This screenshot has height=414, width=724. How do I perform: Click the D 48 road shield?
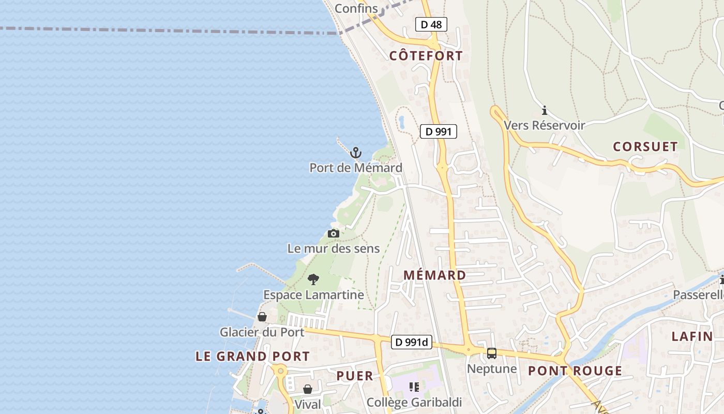point(431,24)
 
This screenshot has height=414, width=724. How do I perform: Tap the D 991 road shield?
point(438,131)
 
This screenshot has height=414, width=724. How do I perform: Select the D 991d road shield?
point(411,342)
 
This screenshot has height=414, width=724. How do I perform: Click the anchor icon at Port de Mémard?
point(355,153)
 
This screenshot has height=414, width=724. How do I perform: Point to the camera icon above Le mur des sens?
point(334,234)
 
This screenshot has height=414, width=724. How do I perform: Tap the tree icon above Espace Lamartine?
point(313,280)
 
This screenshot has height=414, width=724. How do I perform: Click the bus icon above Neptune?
point(491,353)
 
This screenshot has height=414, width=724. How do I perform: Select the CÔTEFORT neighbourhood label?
point(426,56)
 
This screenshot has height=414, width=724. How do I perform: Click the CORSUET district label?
point(645,147)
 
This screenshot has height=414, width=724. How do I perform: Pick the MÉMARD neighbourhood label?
point(434,275)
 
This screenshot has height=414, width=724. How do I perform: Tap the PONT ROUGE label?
point(575,371)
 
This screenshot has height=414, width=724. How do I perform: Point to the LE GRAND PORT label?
point(252,356)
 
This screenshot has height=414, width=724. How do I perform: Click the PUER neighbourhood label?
point(355,376)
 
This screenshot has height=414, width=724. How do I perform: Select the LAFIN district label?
point(692,336)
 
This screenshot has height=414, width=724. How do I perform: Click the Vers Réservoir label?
point(544,125)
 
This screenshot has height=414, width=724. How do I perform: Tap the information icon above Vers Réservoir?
point(544,110)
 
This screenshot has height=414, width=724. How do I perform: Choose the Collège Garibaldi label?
point(414,402)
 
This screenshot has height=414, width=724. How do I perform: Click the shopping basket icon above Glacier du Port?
point(262,317)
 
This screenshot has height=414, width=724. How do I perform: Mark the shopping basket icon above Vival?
point(308,389)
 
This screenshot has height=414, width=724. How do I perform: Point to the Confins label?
point(356,8)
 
